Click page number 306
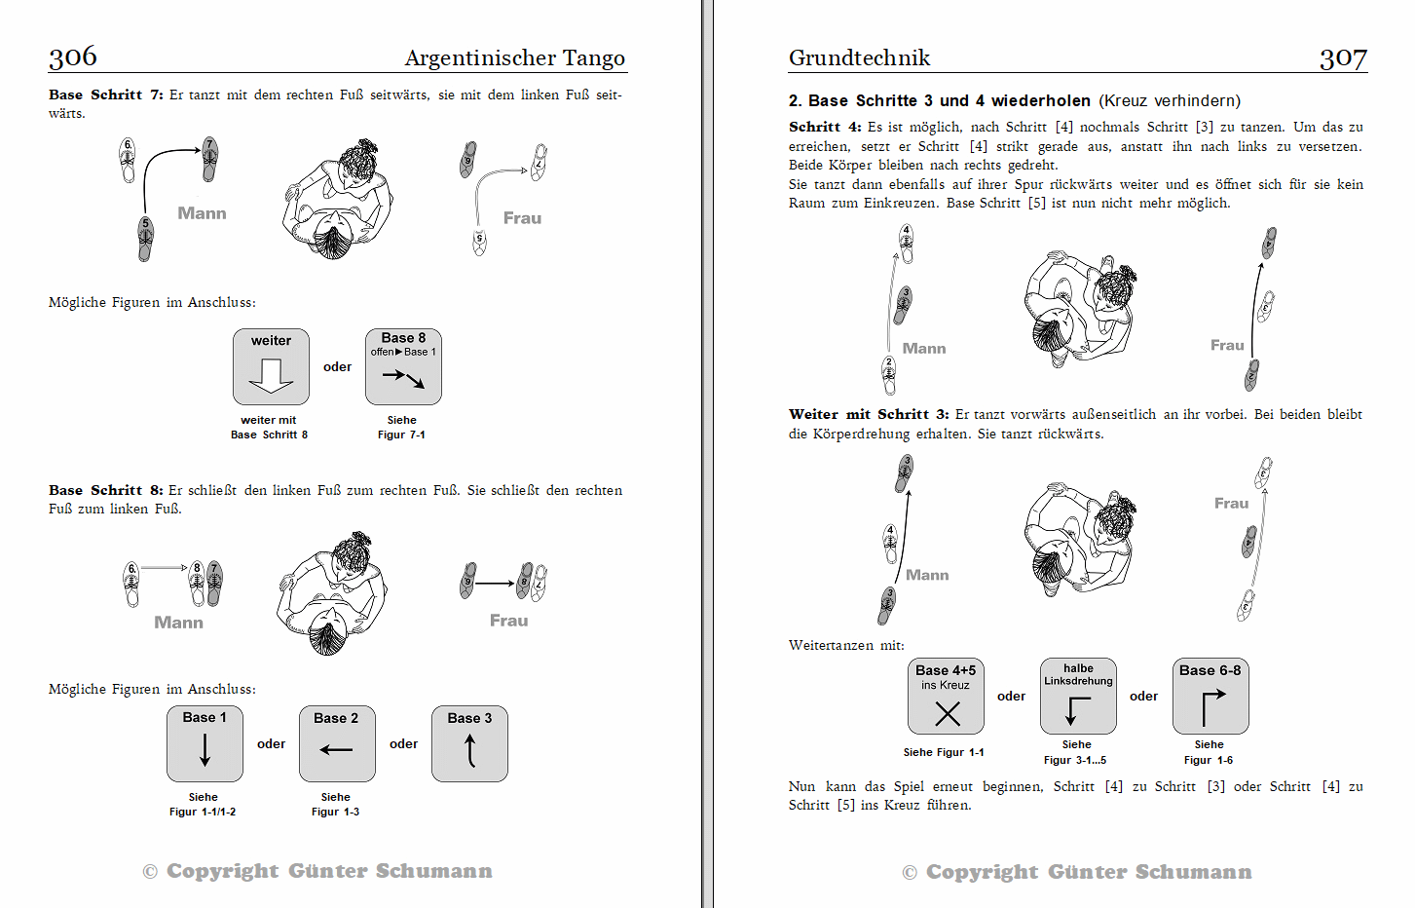pyautogui.click(x=73, y=57)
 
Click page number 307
pyautogui.click(x=1343, y=58)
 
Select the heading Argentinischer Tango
pyautogui.click(x=515, y=57)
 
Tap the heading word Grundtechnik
pyautogui.click(x=859, y=57)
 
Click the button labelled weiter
pyautogui.click(x=271, y=366)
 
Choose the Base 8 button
pyautogui.click(x=403, y=366)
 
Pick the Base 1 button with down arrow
pyautogui.click(x=205, y=743)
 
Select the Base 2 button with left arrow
pyautogui.click(x=337, y=743)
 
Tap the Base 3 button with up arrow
pyautogui.click(x=469, y=743)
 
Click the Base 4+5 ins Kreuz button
pyautogui.click(x=946, y=696)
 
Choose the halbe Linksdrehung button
pyautogui.click(x=1078, y=696)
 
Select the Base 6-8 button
pyautogui.click(x=1210, y=696)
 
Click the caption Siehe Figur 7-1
pyautogui.click(x=402, y=427)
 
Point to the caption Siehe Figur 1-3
pyautogui.click(x=335, y=805)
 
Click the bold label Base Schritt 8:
pyautogui.click(x=105, y=490)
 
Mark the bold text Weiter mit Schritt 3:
pyautogui.click(x=869, y=414)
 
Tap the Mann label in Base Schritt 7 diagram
pyautogui.click(x=203, y=213)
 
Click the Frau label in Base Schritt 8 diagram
pyautogui.click(x=509, y=621)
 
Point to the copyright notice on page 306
pyautogui.click(x=317, y=871)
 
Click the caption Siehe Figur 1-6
pyautogui.click(x=1210, y=752)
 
